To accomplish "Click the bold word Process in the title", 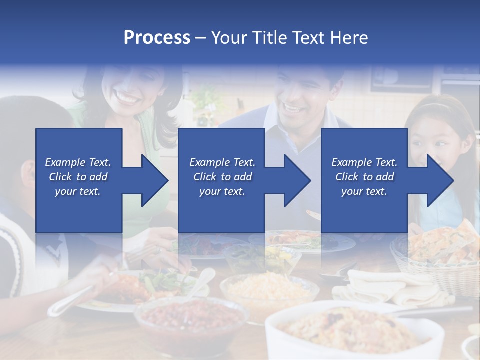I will [x=157, y=38].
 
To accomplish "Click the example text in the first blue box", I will [x=78, y=177].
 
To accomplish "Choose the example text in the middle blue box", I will [x=222, y=177].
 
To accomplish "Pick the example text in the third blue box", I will [x=364, y=177].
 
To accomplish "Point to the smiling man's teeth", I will [x=291, y=106].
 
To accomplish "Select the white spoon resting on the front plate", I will [x=200, y=282].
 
